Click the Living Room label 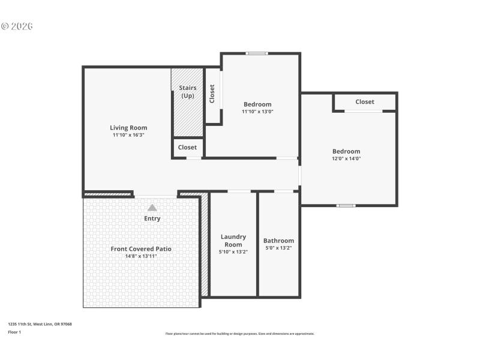pos(128,128)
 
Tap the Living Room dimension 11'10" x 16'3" pos(128,135)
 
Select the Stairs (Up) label pos(188,92)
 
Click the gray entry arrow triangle pos(152,208)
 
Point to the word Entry pos(152,218)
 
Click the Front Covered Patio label pos(141,248)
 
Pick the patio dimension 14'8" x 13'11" pos(141,256)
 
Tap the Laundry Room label pos(233,241)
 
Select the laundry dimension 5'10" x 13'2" pos(233,252)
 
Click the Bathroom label pos(279,241)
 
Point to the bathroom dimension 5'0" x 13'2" pos(279,248)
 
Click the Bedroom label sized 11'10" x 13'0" pos(257,104)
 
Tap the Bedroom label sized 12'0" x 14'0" pos(347,151)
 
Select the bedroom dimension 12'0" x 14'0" pos(347,159)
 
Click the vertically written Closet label pos(212,94)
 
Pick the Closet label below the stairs pos(187,147)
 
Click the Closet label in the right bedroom pos(365,102)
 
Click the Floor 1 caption pos(14,332)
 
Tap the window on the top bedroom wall pos(257,53)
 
